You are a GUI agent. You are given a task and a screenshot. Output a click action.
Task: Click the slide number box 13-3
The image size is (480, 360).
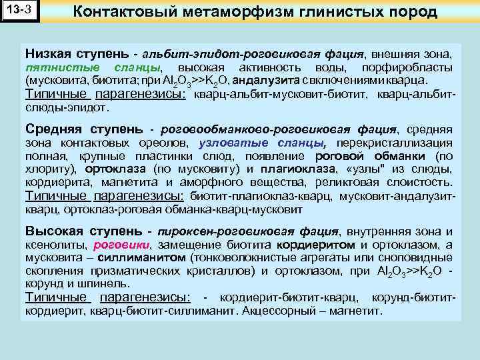[x=20, y=12]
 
